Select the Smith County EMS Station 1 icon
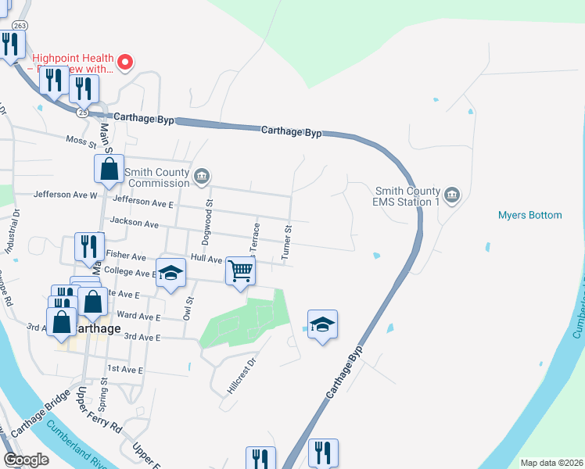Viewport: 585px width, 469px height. (x=451, y=195)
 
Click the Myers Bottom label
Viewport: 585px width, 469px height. (x=529, y=215)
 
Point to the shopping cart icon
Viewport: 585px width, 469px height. (x=240, y=272)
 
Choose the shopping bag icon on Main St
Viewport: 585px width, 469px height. (x=109, y=168)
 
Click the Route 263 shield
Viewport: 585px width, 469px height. (x=20, y=25)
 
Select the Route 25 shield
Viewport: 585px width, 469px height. (x=83, y=112)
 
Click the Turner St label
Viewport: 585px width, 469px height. (x=286, y=244)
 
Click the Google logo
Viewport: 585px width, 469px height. (x=26, y=460)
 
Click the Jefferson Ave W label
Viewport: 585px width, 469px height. (x=65, y=195)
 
